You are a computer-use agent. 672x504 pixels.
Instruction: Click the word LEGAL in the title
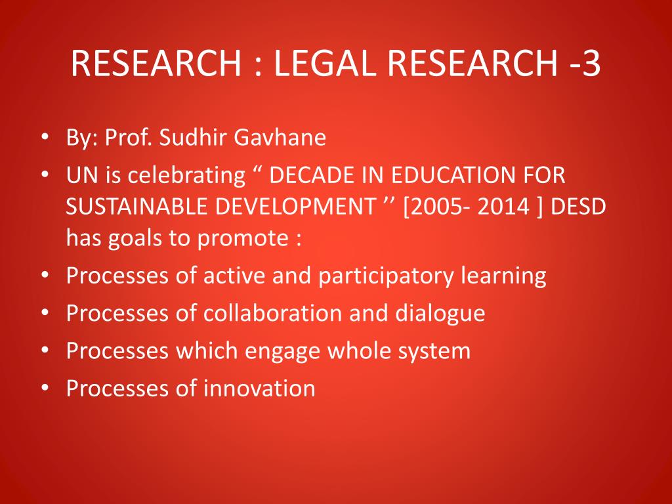click(324, 63)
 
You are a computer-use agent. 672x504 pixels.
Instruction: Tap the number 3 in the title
click(590, 63)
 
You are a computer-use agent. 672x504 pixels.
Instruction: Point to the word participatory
click(385, 276)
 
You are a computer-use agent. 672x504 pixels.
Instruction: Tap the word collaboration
click(272, 313)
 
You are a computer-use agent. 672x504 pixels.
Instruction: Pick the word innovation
click(259, 388)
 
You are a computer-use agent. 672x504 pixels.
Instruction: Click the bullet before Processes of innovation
click(45, 388)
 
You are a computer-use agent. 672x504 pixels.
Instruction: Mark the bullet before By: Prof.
click(45, 138)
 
